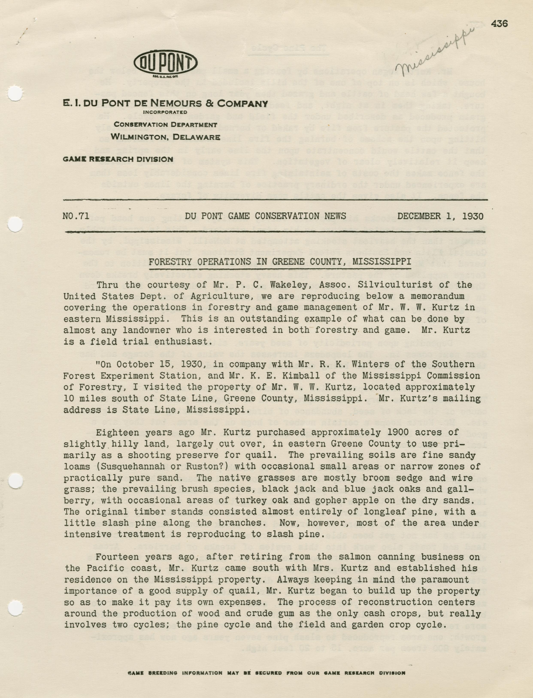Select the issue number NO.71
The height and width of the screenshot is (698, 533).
[76, 216]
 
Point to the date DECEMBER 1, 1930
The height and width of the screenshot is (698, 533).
[440, 216]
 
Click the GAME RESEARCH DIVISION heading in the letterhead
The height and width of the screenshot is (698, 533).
[118, 159]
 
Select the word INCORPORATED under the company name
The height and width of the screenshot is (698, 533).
[165, 112]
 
